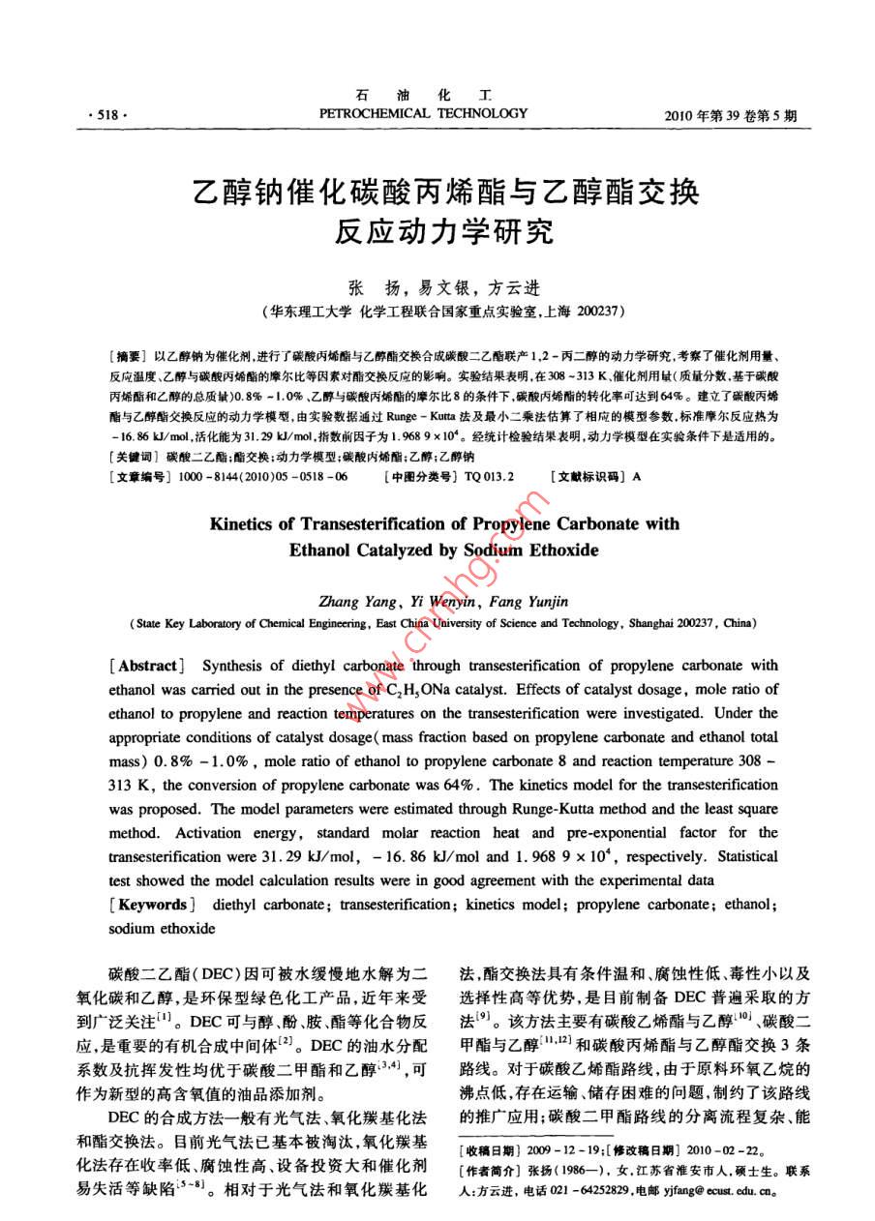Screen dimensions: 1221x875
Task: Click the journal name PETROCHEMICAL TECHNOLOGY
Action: (x=424, y=113)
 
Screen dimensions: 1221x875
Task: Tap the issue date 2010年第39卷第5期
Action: (x=732, y=116)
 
